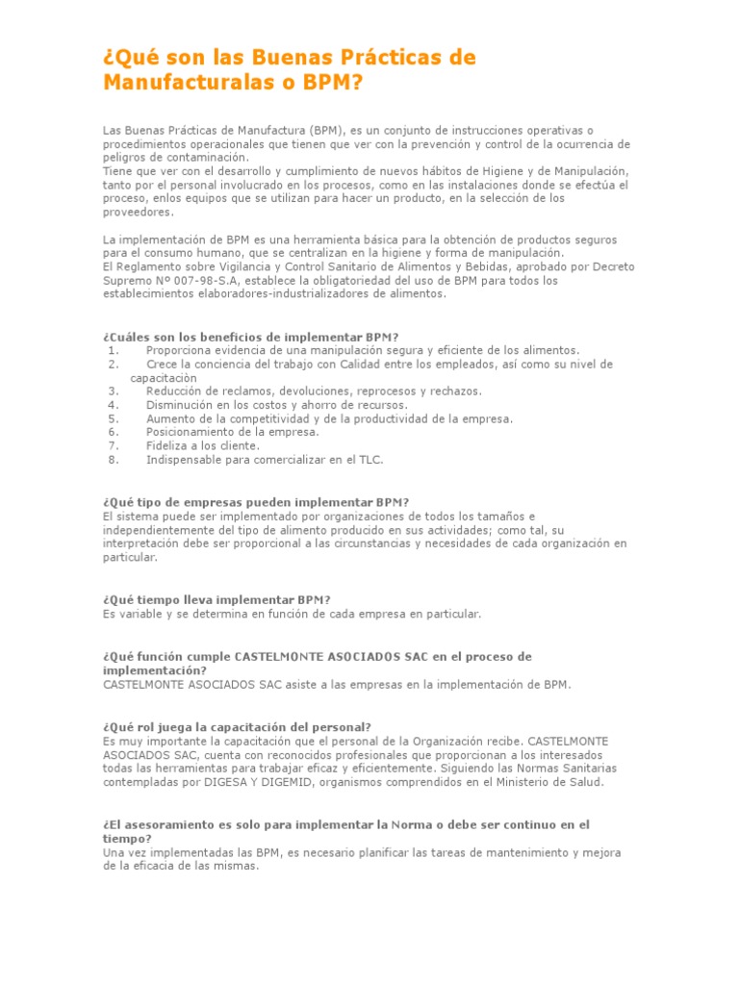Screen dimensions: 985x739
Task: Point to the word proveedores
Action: pos(138,212)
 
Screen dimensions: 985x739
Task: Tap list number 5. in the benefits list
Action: pos(114,418)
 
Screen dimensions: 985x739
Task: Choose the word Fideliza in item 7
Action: pos(167,445)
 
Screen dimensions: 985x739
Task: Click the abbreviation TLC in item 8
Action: pos(369,460)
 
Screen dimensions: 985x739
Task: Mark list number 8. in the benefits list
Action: pos(114,460)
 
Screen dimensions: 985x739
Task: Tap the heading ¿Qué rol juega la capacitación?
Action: pos(237,727)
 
